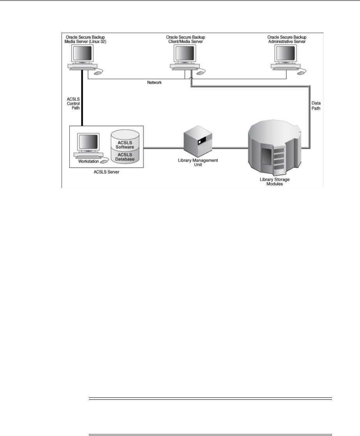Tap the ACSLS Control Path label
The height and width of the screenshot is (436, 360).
tap(73, 104)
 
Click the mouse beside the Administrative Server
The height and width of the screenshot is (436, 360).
tap(301, 72)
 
